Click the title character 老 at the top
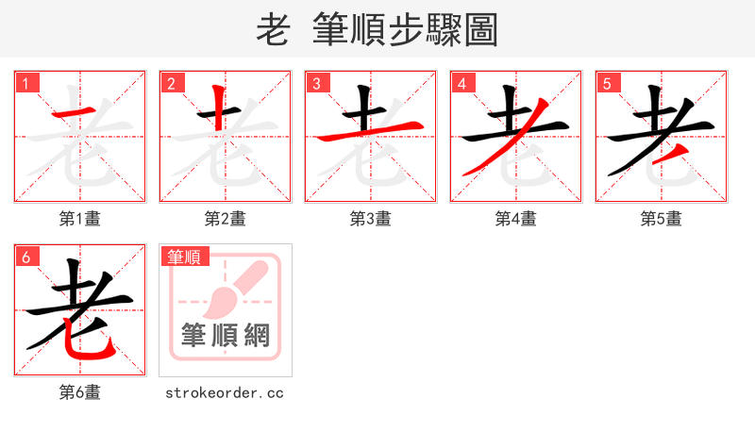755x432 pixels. point(273,30)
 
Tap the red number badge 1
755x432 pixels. point(25,83)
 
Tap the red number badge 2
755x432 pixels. point(171,83)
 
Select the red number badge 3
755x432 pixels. point(316,83)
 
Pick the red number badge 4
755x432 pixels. point(461,83)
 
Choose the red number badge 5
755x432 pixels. point(607,83)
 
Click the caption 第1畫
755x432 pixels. point(80,219)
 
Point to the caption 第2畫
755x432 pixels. point(226,219)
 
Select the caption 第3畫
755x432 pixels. point(371,219)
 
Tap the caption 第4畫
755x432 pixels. point(516,219)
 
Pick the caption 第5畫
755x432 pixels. point(662,219)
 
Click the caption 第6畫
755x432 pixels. point(80,392)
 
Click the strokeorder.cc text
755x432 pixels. point(225,392)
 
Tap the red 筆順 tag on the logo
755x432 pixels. point(185,256)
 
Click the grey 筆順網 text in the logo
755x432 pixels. point(226,336)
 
